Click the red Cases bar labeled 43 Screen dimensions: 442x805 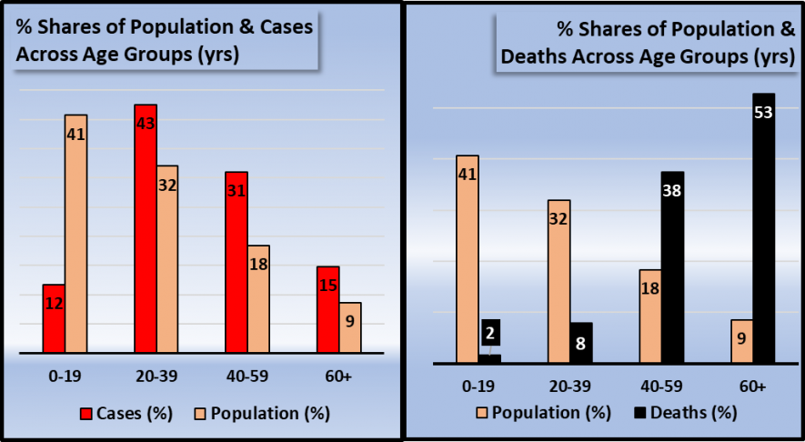(x=146, y=228)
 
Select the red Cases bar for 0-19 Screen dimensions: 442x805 (x=54, y=318)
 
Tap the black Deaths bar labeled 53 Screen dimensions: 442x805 (x=763, y=228)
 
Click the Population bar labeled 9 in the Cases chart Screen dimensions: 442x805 (x=350, y=327)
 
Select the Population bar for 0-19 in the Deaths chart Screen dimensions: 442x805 (x=468, y=259)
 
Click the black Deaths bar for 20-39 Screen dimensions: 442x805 (x=581, y=343)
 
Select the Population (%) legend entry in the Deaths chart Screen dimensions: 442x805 (x=544, y=413)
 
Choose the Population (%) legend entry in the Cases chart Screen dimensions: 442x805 (x=261, y=413)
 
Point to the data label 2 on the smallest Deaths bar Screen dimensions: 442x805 (x=489, y=333)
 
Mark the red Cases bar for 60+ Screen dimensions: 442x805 (x=327, y=309)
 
